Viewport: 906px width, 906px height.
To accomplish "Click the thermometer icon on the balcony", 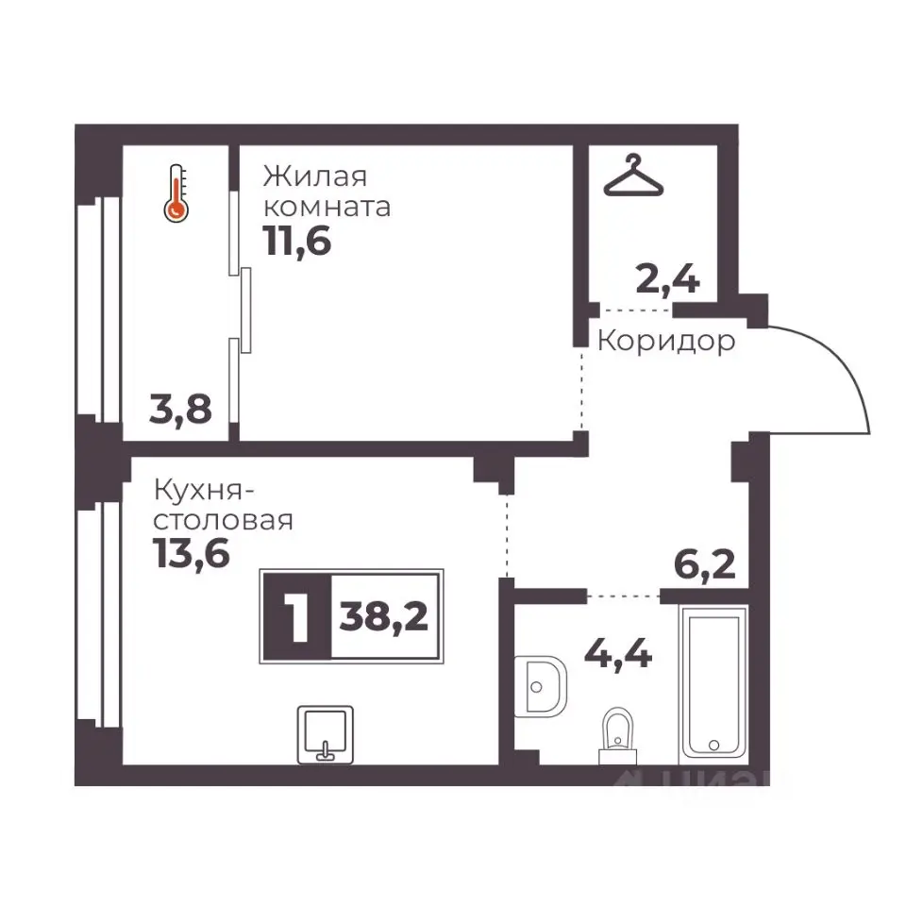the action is point(176,193).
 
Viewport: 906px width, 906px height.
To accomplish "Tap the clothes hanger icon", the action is point(633,176).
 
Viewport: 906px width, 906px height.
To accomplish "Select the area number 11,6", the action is point(297,241).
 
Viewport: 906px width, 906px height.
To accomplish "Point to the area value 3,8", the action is point(180,409).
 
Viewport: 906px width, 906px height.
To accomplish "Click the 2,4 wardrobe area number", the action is point(667,279).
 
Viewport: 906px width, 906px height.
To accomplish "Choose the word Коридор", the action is point(666,341).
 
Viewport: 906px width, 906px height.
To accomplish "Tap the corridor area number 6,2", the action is point(704,564).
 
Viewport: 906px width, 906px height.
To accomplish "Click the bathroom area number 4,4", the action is point(618,655).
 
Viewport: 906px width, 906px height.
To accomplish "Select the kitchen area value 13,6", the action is point(192,554).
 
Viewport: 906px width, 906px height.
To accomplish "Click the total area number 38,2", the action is point(384,616).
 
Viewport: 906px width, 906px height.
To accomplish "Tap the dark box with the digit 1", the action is point(297,616).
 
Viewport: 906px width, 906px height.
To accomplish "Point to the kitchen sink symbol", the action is point(326,734).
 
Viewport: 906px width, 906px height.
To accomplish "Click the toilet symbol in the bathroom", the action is point(617,735).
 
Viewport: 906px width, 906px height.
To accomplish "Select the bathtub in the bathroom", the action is point(713,685).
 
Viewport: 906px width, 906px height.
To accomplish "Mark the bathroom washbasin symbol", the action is point(540,686).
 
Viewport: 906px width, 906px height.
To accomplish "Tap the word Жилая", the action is point(315,176).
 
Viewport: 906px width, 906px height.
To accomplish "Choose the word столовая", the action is point(223,521).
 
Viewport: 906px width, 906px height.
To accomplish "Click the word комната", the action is point(327,208).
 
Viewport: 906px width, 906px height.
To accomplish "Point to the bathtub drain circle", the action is point(713,746).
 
